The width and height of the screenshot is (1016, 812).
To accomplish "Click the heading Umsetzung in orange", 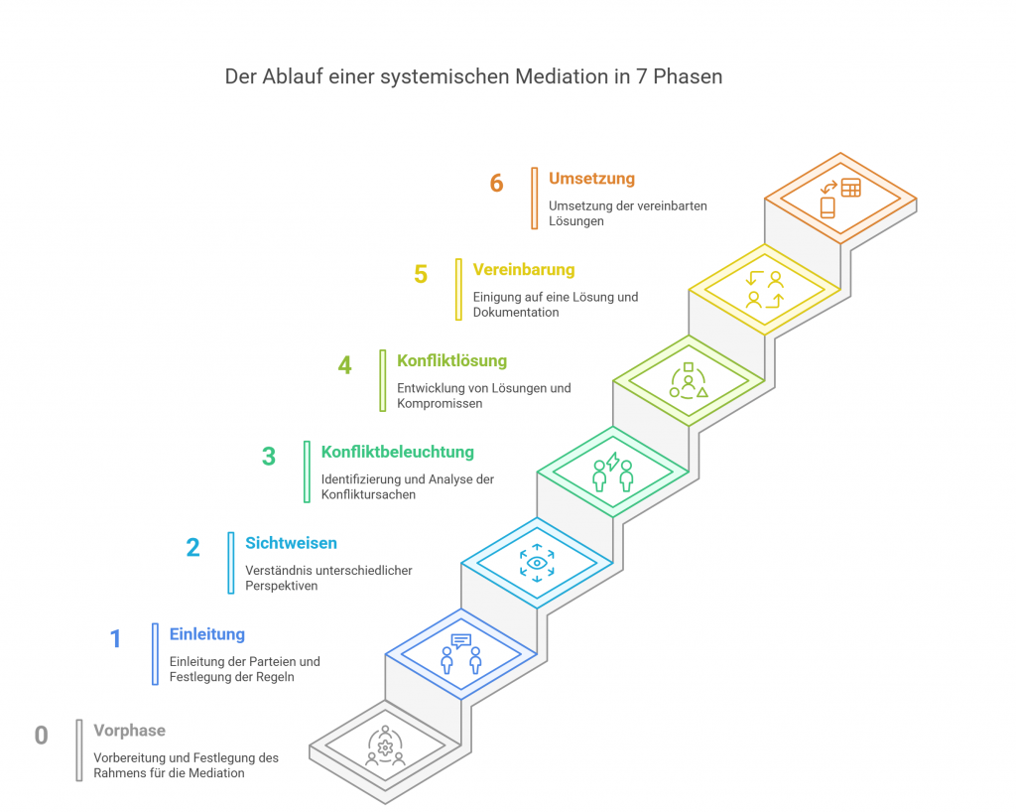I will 591,179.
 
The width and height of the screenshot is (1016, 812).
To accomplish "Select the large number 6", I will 497,184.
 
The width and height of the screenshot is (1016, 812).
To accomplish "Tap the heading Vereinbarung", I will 523,270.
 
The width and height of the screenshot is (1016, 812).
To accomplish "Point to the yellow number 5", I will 421,275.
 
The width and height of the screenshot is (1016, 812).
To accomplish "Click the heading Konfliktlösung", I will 451,361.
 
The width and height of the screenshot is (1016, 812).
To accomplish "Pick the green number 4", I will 344,366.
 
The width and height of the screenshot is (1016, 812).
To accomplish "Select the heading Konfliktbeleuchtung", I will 397,452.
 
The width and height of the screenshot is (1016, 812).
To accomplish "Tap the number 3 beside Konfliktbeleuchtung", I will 269,458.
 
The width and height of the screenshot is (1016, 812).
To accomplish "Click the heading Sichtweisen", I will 291,543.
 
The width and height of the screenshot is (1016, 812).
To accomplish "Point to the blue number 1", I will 115,639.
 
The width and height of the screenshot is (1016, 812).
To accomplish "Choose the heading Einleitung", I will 206,634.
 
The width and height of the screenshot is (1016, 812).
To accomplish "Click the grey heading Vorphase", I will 129,731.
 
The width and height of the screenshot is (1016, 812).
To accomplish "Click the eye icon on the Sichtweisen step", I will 537,563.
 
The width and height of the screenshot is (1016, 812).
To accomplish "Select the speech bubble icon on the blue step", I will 461,640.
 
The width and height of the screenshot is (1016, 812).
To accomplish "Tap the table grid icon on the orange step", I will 850,188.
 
